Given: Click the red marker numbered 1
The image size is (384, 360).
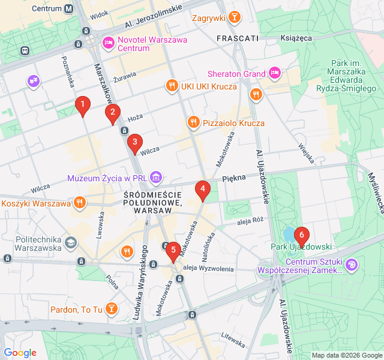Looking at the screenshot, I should tap(82, 106).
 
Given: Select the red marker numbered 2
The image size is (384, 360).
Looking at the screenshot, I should tap(112, 113).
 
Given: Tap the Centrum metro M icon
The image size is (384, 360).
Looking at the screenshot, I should tap(69, 8).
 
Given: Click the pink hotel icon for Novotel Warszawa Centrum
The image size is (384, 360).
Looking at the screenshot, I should tap(109, 42).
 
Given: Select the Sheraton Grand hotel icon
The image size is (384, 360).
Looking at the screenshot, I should tap(275, 74).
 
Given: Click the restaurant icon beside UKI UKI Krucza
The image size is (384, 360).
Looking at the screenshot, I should tap(172, 86).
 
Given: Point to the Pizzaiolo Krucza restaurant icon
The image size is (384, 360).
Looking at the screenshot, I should tap(193, 122).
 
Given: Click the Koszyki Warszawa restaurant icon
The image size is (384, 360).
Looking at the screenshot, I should tap(79, 203).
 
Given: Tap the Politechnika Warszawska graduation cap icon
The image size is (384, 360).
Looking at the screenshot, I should tap(71, 242).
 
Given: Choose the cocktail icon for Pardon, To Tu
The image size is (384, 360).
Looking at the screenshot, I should tap(111, 309).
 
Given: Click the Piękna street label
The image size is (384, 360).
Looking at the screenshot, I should tap(234, 178).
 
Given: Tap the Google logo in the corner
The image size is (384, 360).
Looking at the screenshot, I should tap(20, 353).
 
